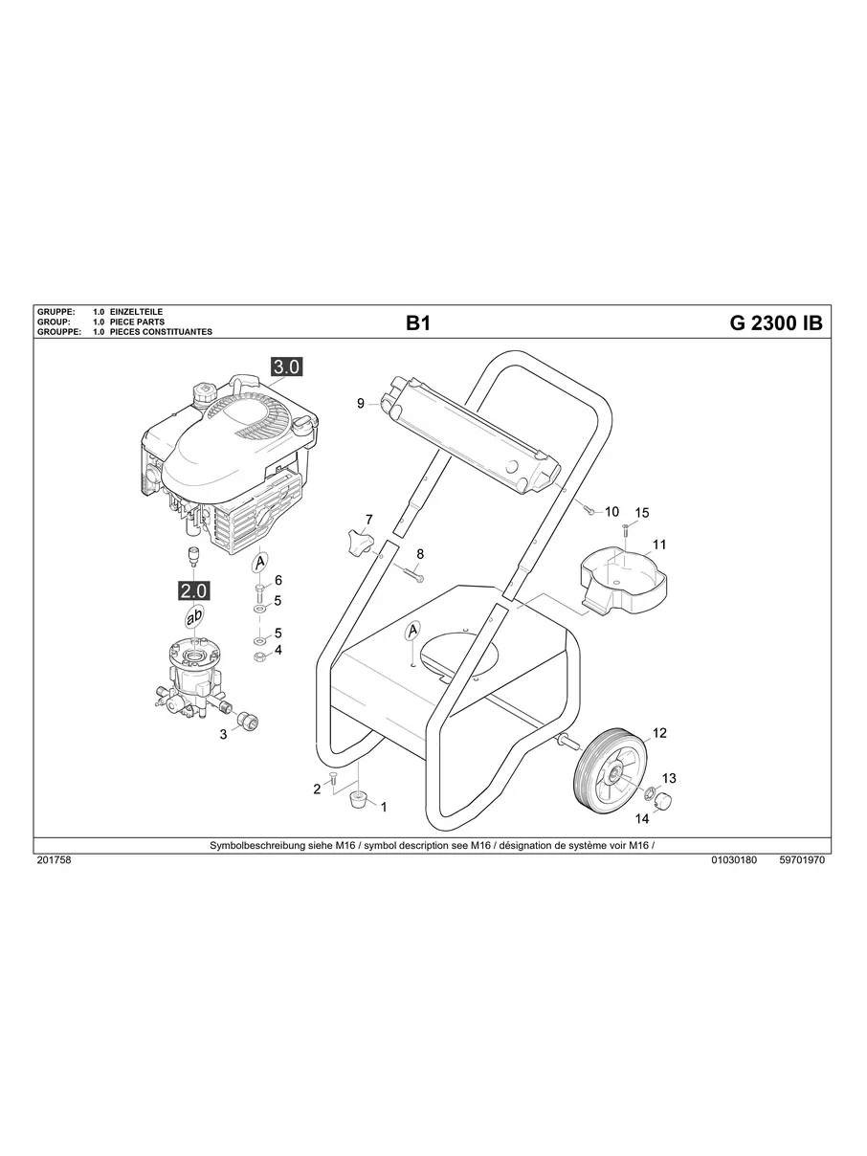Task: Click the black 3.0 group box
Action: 286,367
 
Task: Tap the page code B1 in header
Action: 418,323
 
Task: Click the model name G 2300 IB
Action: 775,323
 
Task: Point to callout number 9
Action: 361,404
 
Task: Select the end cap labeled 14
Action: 663,800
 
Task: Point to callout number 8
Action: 419,554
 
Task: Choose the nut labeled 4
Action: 258,656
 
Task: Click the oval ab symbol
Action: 194,619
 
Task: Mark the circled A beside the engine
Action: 259,561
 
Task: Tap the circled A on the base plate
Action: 413,631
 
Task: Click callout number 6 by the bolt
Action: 278,581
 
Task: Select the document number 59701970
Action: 802,860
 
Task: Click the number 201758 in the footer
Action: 54,860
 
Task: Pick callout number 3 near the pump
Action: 223,735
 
